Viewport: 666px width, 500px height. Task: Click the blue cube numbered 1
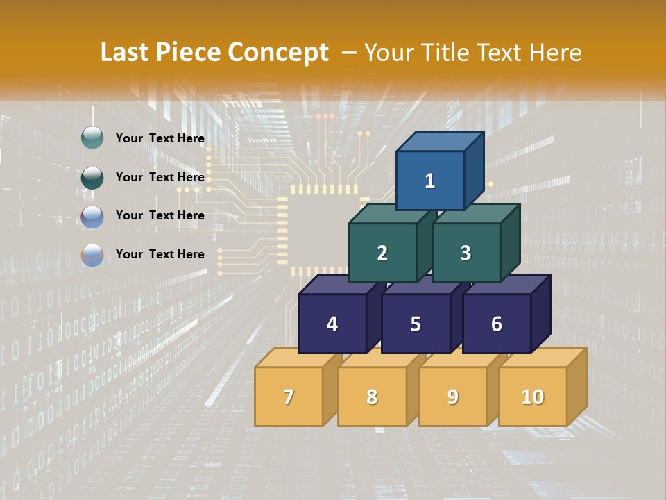(x=430, y=181)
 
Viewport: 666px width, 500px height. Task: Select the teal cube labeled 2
(x=382, y=253)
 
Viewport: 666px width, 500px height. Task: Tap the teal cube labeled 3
(x=466, y=253)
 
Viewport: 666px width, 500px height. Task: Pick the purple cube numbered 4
(x=332, y=324)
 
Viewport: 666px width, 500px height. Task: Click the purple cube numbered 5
(x=416, y=324)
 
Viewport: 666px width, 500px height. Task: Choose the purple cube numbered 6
(x=497, y=324)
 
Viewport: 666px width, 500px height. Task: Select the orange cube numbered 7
(x=289, y=397)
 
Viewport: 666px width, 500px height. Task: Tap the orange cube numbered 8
(x=372, y=397)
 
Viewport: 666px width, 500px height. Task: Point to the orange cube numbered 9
(x=453, y=397)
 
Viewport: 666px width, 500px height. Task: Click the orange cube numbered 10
(x=533, y=397)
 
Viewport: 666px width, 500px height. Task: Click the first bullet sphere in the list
(x=92, y=138)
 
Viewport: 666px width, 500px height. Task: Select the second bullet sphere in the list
(x=92, y=177)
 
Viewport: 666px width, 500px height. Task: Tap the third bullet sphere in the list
(x=92, y=216)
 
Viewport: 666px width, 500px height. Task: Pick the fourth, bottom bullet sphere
(x=92, y=255)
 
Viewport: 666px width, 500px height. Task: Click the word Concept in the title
(x=278, y=53)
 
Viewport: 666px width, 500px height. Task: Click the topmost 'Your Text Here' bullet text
(x=160, y=138)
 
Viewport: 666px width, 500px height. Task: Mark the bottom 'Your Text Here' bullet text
(x=160, y=254)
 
